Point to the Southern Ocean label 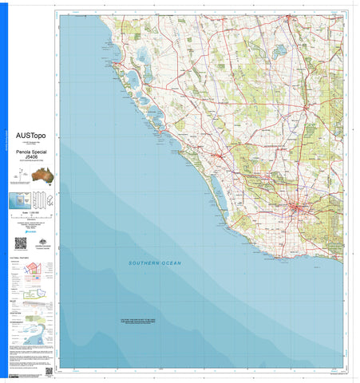pyautogui.click(x=156, y=263)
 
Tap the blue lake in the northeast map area pyautogui.click(x=279, y=53)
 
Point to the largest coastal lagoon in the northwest pyautogui.click(x=141, y=58)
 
